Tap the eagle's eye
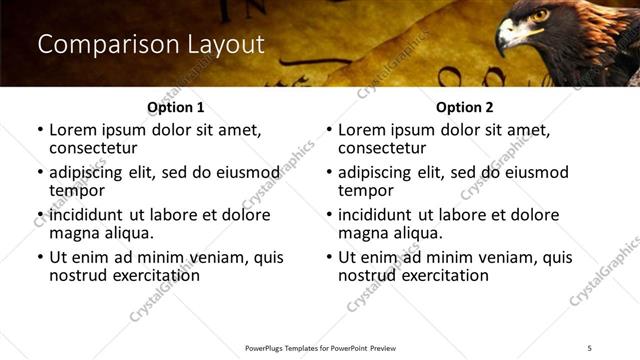(541, 17)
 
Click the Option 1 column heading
(175, 106)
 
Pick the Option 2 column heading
(464, 106)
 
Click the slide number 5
(591, 347)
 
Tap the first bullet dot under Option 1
(40, 130)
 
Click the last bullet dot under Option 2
(329, 257)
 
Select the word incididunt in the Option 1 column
(86, 215)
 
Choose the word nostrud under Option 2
(366, 275)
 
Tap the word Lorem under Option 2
(361, 130)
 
